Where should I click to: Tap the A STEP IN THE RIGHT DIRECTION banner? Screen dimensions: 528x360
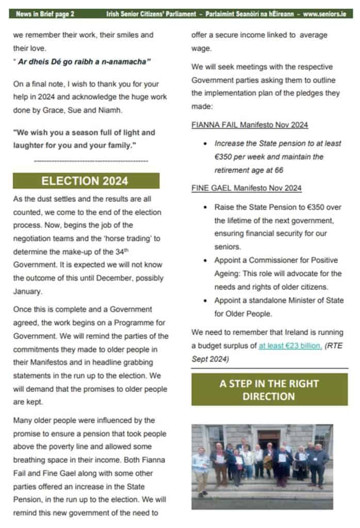pyautogui.click(x=269, y=390)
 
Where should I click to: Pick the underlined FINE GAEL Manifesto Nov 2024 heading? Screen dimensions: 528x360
pyautogui.click(x=246, y=188)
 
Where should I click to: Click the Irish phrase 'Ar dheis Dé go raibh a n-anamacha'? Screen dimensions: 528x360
pyautogui.click(x=81, y=62)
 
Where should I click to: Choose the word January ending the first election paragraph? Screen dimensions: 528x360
pyautogui.click(x=26, y=291)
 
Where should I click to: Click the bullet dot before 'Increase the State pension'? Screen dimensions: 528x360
pyautogui.click(x=206, y=144)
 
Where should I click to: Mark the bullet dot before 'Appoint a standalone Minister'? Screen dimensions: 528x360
pyautogui.click(x=206, y=300)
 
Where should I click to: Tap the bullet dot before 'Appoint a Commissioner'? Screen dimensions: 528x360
pyautogui.click(x=206, y=260)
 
